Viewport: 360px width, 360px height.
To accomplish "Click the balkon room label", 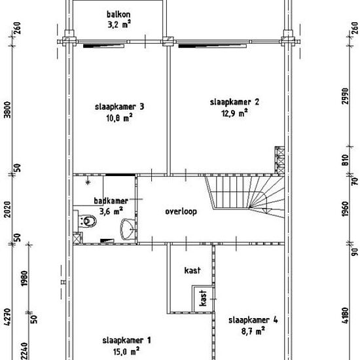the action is coord(118,14).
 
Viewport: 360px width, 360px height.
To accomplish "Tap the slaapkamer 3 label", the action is coord(120,107).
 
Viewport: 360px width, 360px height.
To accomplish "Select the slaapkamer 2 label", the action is coord(234,102).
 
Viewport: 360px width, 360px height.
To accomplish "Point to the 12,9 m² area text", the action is coord(234,113).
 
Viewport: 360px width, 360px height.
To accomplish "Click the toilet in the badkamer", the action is coord(86,221).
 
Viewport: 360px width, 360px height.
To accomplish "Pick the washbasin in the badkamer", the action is coord(127,229).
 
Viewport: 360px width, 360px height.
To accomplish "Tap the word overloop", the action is coord(181,211).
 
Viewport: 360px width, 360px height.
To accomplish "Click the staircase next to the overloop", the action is coord(245,197).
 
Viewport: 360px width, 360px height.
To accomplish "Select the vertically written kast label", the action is coord(203,298).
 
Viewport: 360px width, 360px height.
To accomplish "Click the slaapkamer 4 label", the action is coord(253,320).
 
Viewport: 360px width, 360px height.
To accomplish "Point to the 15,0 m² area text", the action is coord(126,351).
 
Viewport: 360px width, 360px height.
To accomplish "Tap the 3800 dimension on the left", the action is coord(8,109).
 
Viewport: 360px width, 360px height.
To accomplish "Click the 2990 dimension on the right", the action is coord(345,96).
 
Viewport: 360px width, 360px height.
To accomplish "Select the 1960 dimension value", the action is coord(345,209).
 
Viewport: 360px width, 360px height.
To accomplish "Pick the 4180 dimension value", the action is coord(345,315).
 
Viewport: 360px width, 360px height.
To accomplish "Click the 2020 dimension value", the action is coord(8,209).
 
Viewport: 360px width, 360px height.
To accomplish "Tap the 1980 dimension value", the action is coord(24,278).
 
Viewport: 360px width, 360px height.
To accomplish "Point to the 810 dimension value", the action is coord(345,160).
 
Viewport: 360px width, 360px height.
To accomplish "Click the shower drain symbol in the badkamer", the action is coord(88,183).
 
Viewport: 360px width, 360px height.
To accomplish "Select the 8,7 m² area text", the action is coord(253,331).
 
